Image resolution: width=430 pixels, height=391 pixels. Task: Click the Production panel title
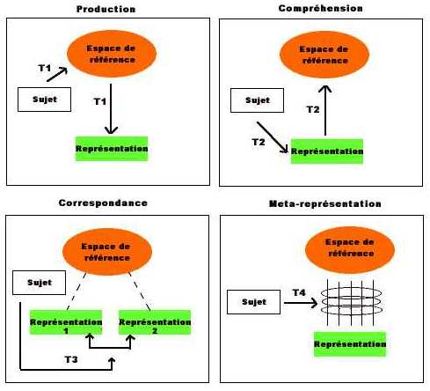[x=106, y=9]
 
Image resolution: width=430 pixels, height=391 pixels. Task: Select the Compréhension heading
[x=320, y=9]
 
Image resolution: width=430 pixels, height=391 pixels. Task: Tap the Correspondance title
[x=103, y=203]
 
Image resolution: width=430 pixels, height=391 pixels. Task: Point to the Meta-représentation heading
[x=325, y=203]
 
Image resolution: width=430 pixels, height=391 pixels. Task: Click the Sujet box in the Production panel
[x=44, y=100]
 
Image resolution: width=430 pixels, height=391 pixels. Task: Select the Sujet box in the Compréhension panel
[x=257, y=100]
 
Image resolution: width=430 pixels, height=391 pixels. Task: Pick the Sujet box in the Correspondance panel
[x=39, y=283]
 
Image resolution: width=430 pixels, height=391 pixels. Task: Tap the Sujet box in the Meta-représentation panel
[x=253, y=302]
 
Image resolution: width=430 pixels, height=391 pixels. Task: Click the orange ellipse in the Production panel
[x=112, y=54]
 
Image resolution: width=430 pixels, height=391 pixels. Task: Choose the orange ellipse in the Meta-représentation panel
[x=350, y=250]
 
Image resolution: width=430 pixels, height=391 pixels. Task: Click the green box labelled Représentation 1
[x=66, y=322]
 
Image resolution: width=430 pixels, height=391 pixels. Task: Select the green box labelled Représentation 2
[x=155, y=322]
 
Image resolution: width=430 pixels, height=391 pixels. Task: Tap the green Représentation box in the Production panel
[x=112, y=149]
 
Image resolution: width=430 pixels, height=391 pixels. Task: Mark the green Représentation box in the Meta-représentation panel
[x=350, y=344]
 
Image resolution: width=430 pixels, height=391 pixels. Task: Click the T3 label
[x=71, y=359]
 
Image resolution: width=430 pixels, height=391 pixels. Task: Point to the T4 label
[x=299, y=292]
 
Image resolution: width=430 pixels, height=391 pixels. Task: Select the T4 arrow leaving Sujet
[x=301, y=303]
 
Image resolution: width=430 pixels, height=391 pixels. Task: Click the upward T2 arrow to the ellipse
[x=325, y=110]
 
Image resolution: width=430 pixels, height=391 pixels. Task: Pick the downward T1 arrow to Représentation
[x=111, y=109]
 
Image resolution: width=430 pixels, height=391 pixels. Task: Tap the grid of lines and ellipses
[x=351, y=302]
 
